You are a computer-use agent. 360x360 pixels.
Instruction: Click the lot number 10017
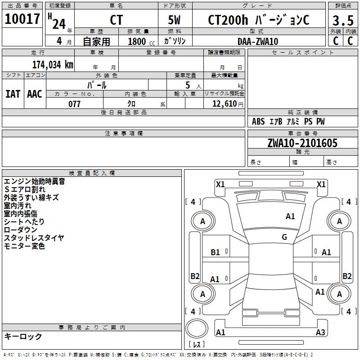22,19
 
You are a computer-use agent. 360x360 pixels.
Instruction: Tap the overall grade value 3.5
343,21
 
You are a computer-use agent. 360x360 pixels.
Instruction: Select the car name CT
116,20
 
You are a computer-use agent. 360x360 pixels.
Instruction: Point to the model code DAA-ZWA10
258,41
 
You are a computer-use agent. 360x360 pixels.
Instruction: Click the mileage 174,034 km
53,64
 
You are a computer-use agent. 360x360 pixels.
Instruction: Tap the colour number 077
74,104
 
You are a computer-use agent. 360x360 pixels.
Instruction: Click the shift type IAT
13,94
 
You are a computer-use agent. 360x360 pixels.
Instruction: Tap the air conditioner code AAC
35,94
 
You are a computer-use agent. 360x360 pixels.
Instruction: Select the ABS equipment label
258,121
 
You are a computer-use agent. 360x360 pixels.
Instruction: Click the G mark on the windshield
284,237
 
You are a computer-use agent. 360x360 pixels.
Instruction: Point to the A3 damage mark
320,333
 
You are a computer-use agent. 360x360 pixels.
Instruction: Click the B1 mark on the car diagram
216,252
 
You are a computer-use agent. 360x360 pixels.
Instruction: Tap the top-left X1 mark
220,184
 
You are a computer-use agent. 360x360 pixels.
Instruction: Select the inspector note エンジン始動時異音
34,181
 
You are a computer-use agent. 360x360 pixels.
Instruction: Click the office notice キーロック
23,336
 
